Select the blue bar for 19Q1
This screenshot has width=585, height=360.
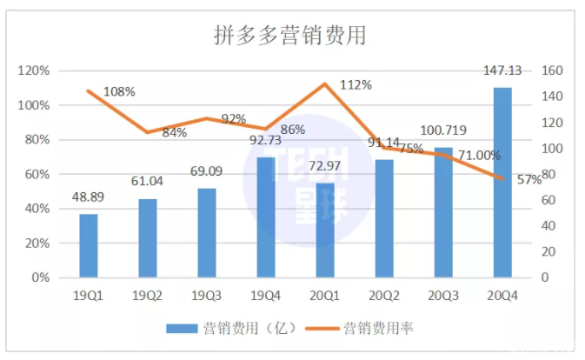[x=89, y=246]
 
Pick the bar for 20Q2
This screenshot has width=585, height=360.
[x=384, y=218]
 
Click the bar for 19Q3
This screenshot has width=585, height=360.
[x=207, y=233]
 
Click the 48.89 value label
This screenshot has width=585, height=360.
[x=88, y=198]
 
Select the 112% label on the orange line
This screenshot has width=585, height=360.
[x=356, y=85]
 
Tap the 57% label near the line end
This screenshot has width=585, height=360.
[x=529, y=179]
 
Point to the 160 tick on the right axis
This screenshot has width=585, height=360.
[x=553, y=70]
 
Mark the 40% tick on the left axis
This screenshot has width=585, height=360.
[x=36, y=209]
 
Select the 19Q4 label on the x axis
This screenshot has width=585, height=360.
[x=266, y=296]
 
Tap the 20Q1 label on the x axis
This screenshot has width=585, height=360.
[x=325, y=296]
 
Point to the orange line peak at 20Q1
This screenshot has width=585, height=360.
[x=325, y=84]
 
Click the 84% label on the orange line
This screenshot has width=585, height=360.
[x=174, y=133]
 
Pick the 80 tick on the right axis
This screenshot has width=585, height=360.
[x=550, y=174]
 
